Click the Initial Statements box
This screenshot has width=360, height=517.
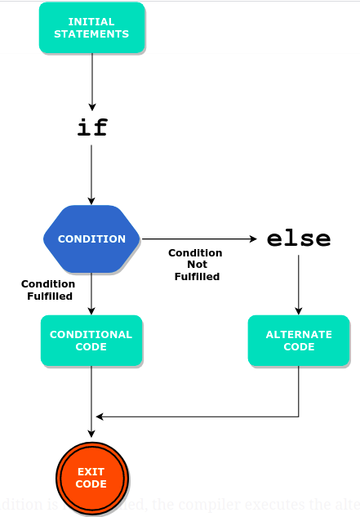click(91, 28)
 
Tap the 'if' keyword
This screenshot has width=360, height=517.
click(91, 127)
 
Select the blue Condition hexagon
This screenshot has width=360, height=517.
click(91, 238)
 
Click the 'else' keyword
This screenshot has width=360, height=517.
click(299, 239)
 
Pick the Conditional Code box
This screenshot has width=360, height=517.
click(91, 341)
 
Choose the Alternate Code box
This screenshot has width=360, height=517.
click(299, 341)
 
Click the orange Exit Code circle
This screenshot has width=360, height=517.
click(91, 478)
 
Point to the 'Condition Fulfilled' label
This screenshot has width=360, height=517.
click(48, 290)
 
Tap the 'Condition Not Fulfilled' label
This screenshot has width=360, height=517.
click(196, 265)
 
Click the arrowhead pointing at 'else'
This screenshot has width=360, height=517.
click(253, 239)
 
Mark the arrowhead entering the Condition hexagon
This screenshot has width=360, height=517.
click(91, 201)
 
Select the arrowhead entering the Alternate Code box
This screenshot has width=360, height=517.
click(299, 311)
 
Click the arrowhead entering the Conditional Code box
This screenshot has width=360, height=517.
click(91, 311)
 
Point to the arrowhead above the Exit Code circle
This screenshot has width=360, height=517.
click(91, 434)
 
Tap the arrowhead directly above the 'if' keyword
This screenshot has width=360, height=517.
click(91, 105)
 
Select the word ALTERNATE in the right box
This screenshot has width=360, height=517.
click(299, 335)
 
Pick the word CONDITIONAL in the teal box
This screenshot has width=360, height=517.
click(91, 335)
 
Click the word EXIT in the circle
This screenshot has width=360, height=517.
click(91, 472)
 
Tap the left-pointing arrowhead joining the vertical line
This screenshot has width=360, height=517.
click(99, 417)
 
